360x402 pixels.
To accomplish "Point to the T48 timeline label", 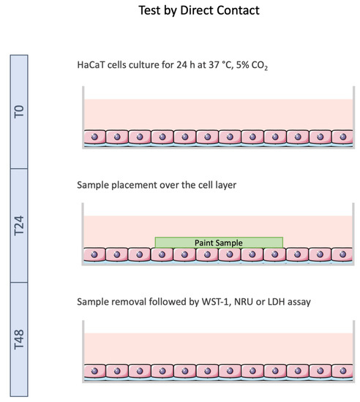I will pos(20,338).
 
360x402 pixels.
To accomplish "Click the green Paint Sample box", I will pos(218,242).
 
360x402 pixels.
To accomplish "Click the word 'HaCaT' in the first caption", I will pos(91,64).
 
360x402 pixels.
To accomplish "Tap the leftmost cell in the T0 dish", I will pos(95,137).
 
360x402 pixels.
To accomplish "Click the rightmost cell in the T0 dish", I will pos(341,137).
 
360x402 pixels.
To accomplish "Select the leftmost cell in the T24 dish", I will pos(95,255).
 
